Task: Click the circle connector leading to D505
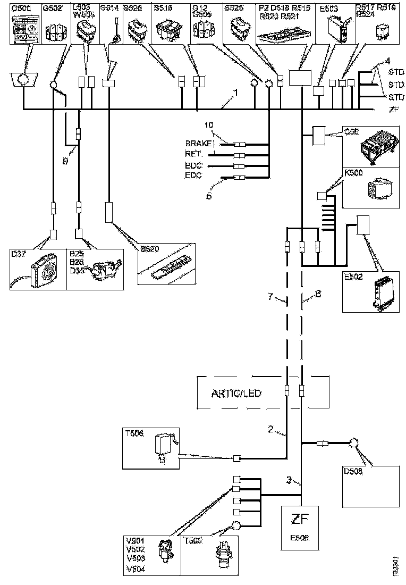coord(353,442)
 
